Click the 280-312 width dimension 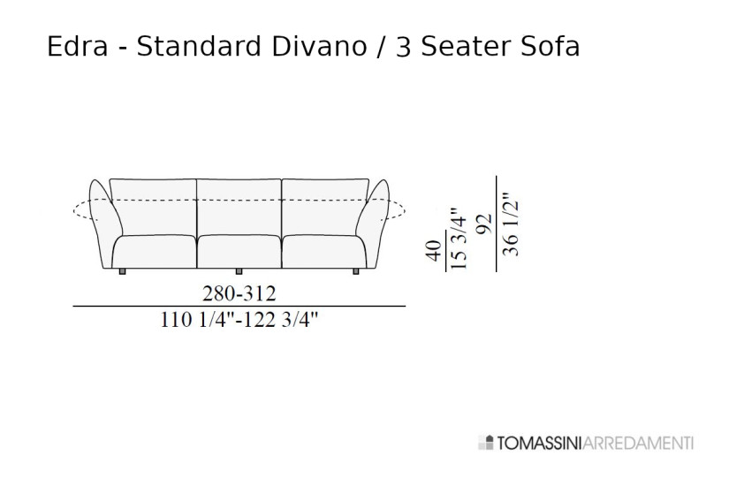tap(239, 292)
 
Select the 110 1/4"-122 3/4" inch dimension tap(239, 321)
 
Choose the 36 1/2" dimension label tap(510, 224)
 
